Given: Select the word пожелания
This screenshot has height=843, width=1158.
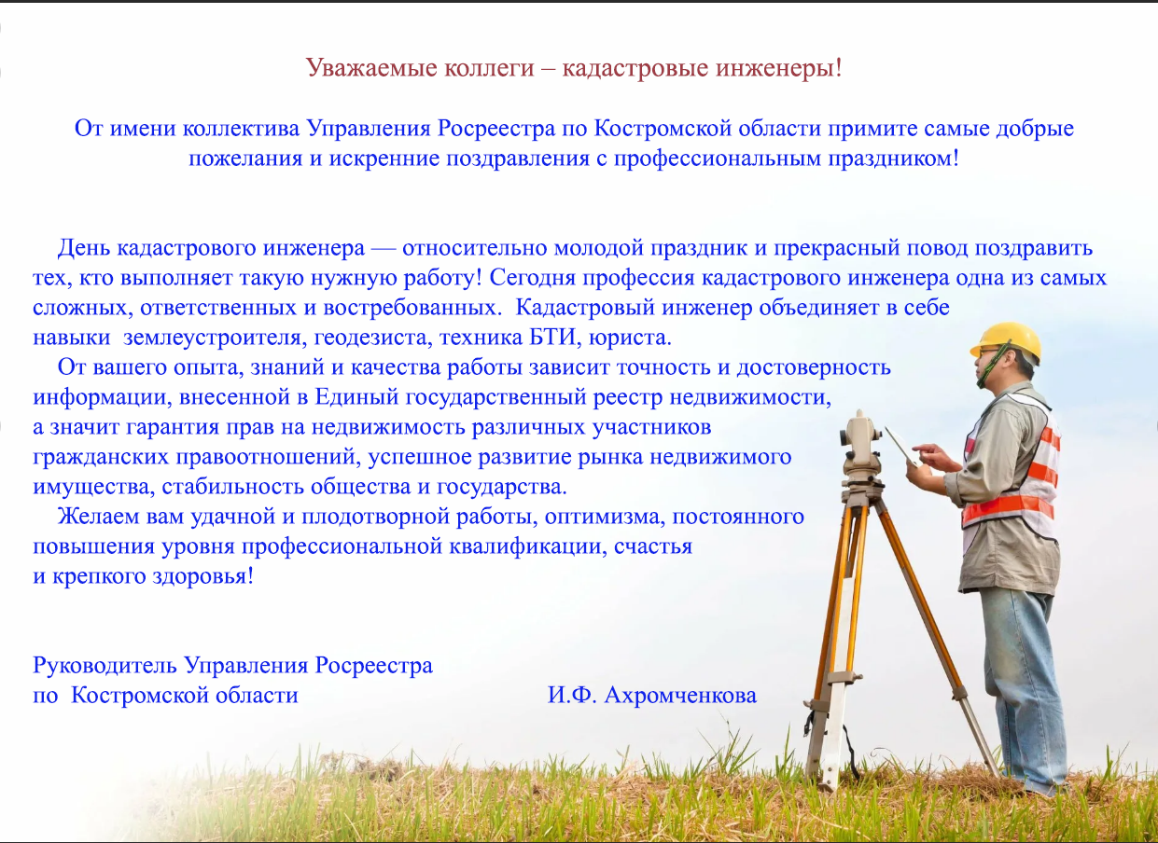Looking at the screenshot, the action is coord(245,159).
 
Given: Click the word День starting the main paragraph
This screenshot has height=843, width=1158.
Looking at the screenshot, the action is coord(84,248).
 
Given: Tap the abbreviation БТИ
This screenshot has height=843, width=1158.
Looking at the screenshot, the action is coord(552,338).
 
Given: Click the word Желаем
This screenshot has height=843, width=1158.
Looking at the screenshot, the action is coord(98,517).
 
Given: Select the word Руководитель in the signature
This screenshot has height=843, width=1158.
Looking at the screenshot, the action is coord(105,666).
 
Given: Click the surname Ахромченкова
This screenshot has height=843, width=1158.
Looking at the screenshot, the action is coord(680,696).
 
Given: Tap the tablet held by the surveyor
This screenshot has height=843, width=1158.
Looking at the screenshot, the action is coord(901,445).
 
